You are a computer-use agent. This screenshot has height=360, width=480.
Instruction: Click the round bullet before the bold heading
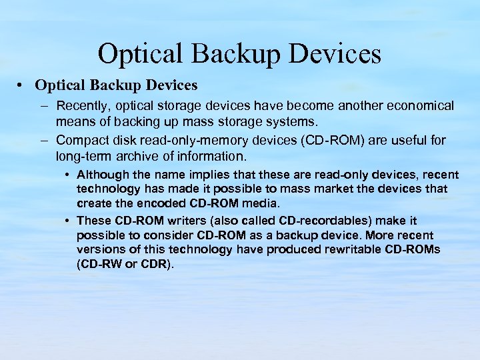point(23,85)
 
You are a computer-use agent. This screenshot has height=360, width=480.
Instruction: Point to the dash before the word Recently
point(43,106)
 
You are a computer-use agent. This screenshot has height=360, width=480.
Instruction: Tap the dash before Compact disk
point(43,141)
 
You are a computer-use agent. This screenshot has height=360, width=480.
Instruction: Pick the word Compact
point(82,141)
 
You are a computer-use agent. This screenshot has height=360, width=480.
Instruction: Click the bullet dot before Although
point(69,175)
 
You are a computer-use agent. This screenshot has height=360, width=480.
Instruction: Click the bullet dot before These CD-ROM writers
point(69,221)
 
